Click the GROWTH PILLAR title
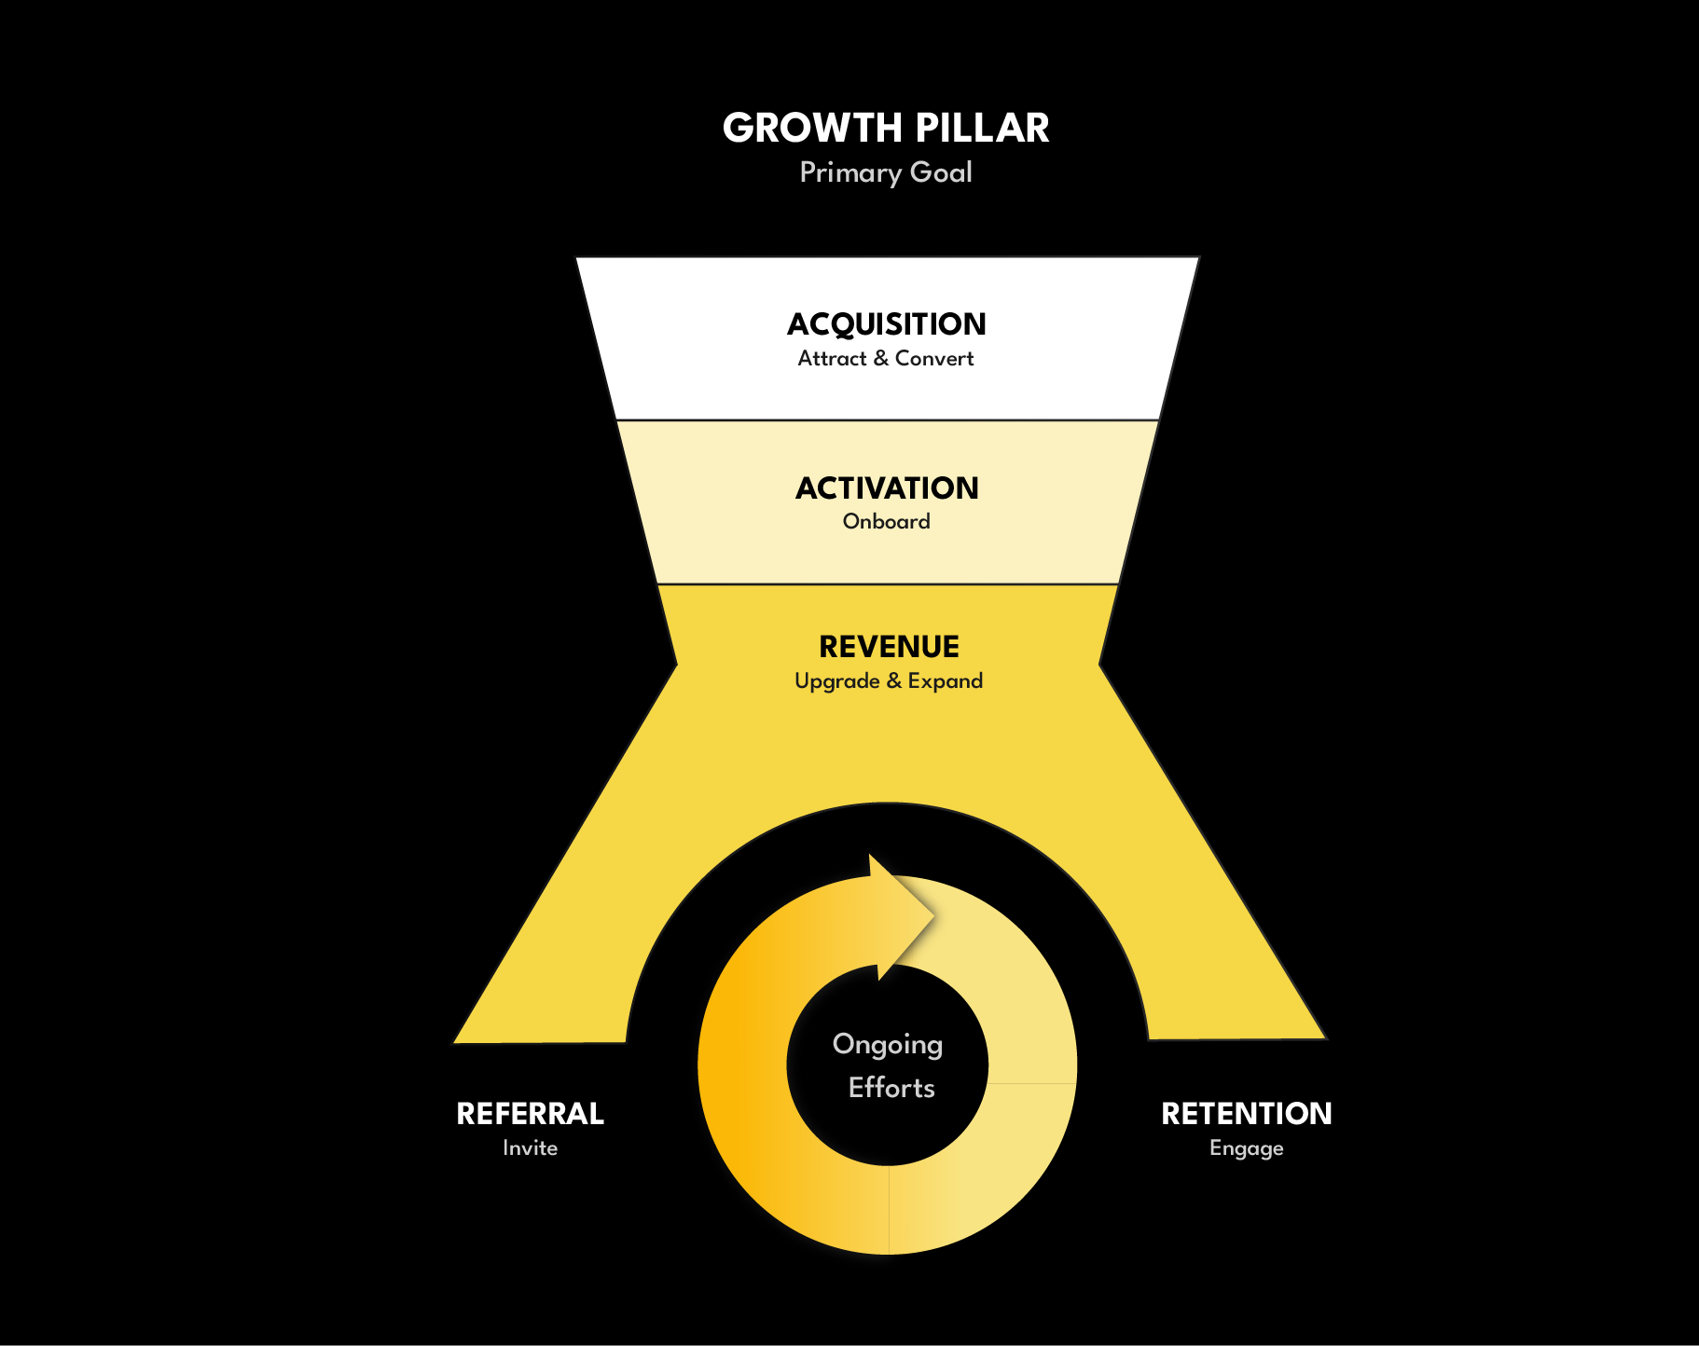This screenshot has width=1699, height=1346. point(886,129)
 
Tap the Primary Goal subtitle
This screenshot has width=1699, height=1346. point(886,173)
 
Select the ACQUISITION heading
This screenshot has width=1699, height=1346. point(886,324)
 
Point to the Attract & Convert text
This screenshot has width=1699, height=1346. point(886,359)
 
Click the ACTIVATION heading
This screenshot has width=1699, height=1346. point(887,488)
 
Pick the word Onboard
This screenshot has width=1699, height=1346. point(886,522)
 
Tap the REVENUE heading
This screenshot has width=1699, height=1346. point(889,647)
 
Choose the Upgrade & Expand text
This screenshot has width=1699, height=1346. point(889,681)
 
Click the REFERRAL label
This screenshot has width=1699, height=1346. point(530,1114)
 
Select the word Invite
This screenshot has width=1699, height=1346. point(530,1148)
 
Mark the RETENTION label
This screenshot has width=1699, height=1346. point(1246,1114)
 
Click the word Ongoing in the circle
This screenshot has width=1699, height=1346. point(888,1045)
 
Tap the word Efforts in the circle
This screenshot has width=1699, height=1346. point(891,1088)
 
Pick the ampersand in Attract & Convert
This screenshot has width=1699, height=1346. point(881,359)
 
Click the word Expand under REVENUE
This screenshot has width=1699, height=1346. point(946,681)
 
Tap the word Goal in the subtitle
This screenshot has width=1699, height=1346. point(941,173)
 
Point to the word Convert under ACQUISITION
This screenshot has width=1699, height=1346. point(934,359)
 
